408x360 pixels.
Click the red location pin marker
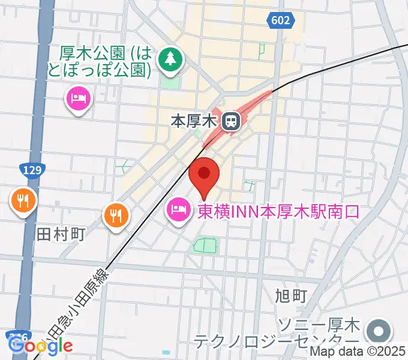click(204, 175)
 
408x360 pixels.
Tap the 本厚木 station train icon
click(229, 122)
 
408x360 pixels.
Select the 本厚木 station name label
click(193, 122)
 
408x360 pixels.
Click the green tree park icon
click(170, 59)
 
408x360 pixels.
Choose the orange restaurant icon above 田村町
click(23, 201)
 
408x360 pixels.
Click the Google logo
click(41, 345)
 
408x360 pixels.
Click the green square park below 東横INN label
click(204, 245)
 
